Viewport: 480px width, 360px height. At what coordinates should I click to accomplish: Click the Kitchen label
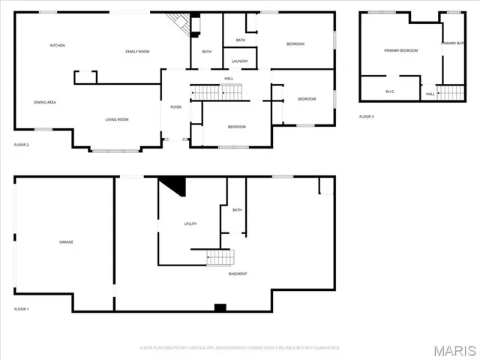pos(58,46)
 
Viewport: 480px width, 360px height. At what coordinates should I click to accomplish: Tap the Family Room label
pos(137,51)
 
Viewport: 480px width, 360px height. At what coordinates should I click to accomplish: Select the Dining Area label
pos(45,102)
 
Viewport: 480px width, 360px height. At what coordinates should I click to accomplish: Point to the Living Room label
pos(116,119)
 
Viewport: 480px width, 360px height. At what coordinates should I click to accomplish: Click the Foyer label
pos(175,107)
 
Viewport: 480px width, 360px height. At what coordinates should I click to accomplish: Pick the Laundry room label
pos(240,61)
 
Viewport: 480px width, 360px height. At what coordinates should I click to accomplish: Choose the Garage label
pos(66,241)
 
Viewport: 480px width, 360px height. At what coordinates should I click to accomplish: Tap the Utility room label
pos(190,224)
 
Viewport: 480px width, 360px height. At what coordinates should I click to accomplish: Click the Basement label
pos(238,274)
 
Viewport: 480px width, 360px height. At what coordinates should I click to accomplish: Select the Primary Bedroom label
pos(400,50)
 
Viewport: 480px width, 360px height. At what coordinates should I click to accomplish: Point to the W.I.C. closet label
pos(390,93)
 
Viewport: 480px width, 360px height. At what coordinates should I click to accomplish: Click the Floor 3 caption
pos(366,116)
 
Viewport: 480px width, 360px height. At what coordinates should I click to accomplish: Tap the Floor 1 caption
pos(21,309)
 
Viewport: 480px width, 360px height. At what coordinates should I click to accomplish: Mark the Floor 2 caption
pos(21,144)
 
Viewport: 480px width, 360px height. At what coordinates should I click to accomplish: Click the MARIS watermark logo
pos(454,351)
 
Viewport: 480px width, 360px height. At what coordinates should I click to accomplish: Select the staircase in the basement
pos(221,258)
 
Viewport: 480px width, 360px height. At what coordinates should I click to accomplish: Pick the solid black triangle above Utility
pos(174,184)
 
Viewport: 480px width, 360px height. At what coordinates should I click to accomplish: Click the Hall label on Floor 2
pos(229,78)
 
